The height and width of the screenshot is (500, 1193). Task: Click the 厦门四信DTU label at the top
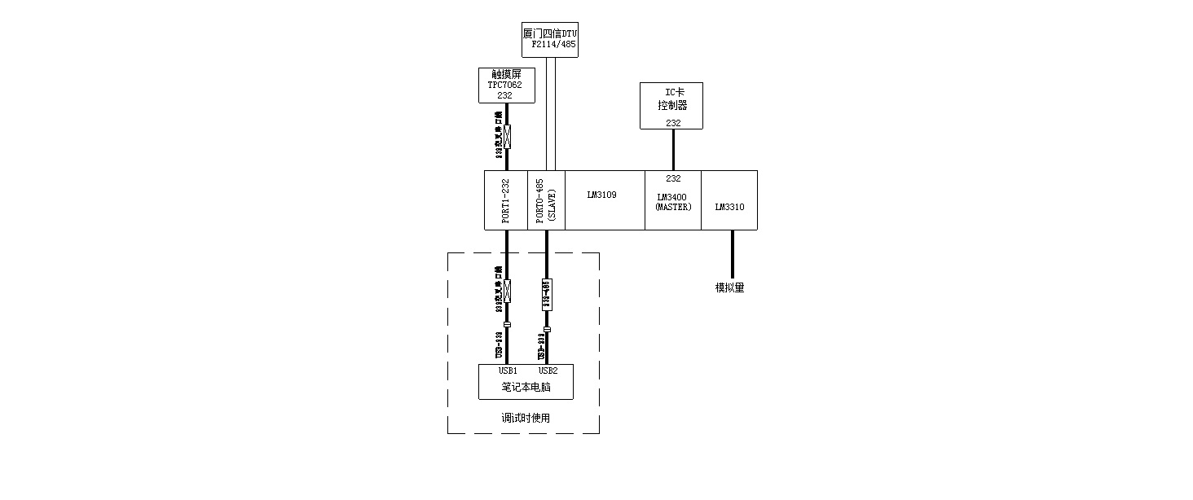pos(550,33)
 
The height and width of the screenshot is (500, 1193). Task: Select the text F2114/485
pos(553,45)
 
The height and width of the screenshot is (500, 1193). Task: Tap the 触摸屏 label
pos(506,73)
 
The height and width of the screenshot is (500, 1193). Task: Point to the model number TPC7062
pos(505,85)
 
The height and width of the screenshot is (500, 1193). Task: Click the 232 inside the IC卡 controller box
pos(673,123)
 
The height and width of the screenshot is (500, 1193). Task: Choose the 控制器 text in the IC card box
pos(673,106)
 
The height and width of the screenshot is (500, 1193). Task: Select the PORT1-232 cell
pos(506,200)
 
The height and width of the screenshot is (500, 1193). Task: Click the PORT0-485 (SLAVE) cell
pos(545,200)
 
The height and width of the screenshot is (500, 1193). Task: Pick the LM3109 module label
pos(602,195)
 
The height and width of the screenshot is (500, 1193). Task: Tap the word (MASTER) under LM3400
pos(673,207)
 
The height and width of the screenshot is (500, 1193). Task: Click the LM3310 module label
pos(729,207)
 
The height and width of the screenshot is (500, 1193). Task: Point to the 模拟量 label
pos(730,287)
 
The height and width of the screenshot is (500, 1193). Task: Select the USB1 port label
pos(508,371)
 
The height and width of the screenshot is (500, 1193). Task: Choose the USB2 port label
pos(548,371)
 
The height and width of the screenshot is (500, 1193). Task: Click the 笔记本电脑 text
pos(526,388)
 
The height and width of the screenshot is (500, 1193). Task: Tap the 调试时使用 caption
pos(526,419)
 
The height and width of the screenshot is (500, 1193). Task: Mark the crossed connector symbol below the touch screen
pos(507,136)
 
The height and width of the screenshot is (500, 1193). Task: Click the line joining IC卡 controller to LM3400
pos(673,150)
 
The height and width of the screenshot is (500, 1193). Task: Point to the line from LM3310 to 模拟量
pos(732,254)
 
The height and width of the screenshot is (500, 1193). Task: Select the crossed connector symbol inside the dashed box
pos(507,291)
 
